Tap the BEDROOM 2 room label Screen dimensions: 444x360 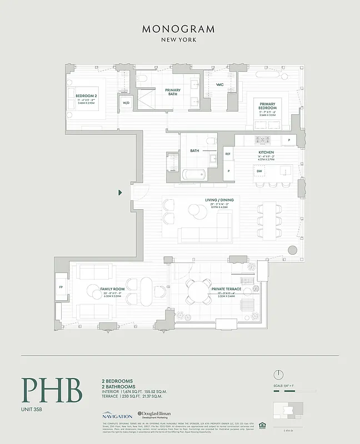(86, 96)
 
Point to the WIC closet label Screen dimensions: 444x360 (219, 85)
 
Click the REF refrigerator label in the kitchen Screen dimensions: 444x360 (227, 154)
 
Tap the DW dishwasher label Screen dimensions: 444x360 (259, 171)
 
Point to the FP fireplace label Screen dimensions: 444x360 (61, 287)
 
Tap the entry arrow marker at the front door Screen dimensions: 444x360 (121, 193)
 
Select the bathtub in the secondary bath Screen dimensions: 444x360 (194, 175)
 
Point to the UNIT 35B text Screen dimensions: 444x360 (34, 411)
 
